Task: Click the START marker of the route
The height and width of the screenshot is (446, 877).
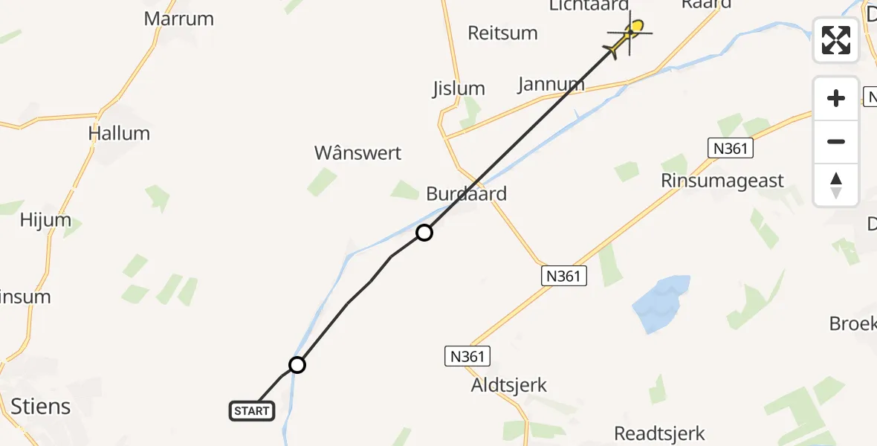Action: (x=252, y=410)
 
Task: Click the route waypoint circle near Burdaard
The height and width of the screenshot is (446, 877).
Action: (x=424, y=233)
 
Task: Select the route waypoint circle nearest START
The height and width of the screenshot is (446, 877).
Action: (x=297, y=365)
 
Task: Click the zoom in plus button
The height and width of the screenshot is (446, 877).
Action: (x=836, y=98)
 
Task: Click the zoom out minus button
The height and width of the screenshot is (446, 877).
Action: (x=836, y=141)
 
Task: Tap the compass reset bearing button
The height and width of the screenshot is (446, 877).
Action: (x=836, y=184)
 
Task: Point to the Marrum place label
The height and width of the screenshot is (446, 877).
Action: (x=179, y=19)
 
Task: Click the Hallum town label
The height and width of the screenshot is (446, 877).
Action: (x=119, y=133)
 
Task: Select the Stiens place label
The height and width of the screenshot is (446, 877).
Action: (x=41, y=406)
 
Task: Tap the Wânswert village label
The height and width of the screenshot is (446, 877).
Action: (x=357, y=153)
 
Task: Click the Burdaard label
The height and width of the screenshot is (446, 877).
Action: (x=467, y=194)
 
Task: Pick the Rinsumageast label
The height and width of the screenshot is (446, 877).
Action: (x=722, y=181)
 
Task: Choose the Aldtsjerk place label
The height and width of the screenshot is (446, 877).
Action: (x=509, y=385)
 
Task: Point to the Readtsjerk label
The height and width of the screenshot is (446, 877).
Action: (x=659, y=433)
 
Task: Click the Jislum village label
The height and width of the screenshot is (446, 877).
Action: (x=459, y=88)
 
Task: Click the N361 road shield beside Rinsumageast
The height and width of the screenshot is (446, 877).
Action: (x=729, y=149)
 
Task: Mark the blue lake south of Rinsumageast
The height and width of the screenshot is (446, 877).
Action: (x=661, y=303)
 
